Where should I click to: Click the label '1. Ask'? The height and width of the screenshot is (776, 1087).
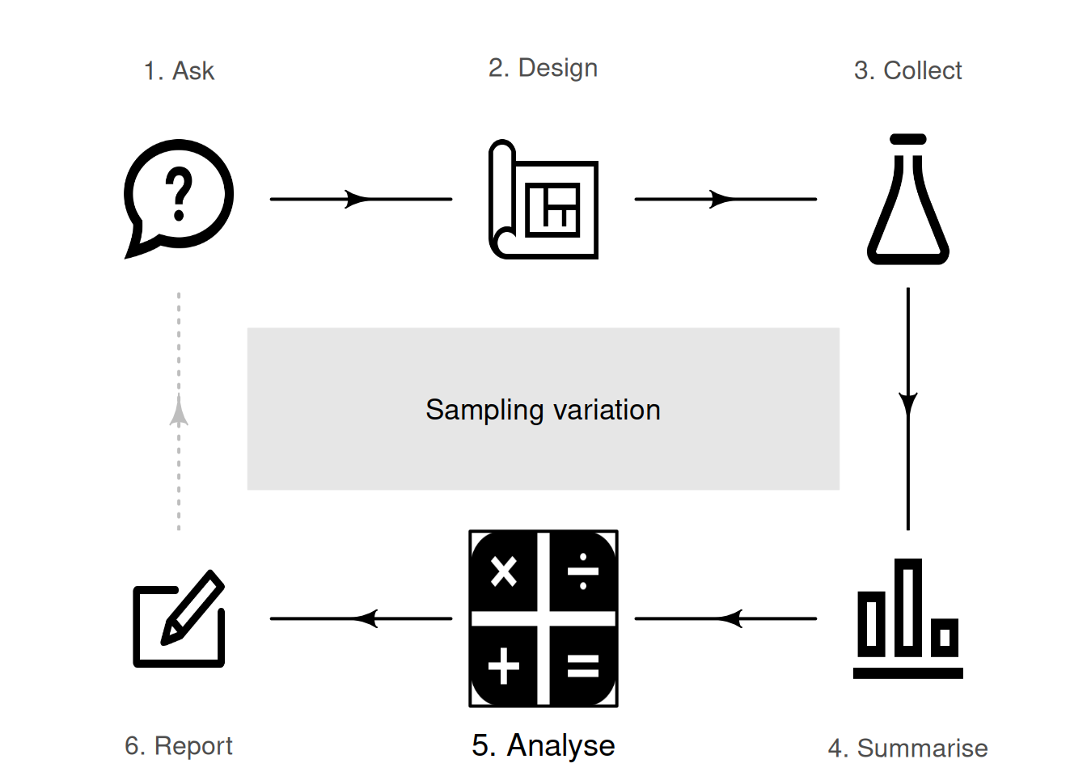pos(179,71)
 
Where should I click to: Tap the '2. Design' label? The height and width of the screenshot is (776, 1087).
pos(543,68)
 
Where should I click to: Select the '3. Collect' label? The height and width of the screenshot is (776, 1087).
pos(907,71)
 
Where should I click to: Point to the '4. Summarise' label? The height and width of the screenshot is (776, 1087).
pos(907,748)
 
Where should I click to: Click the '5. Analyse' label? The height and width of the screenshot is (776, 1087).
pos(543,745)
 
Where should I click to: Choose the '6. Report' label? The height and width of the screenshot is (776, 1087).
pos(179,745)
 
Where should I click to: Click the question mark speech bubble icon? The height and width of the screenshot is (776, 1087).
pos(179,196)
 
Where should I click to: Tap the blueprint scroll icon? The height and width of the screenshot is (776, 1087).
pos(543,200)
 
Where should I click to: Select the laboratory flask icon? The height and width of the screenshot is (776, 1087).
pos(907,200)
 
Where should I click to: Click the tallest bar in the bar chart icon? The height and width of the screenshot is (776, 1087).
pos(907,606)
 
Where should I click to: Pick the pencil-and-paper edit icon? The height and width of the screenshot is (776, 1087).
pos(179,619)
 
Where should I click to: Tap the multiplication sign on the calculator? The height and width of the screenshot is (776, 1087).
pos(504,572)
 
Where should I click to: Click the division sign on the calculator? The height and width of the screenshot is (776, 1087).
pos(583,572)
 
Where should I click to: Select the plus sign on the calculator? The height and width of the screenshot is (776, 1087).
pos(504,666)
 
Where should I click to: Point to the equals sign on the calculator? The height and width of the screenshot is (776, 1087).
pos(583,666)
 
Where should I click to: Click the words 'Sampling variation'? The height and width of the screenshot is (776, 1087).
pos(543,410)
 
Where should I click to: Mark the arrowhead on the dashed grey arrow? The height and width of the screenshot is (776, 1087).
pos(179,411)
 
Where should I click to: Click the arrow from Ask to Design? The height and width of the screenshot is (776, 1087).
pos(361,199)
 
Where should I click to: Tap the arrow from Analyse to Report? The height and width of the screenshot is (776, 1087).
pos(361,619)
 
